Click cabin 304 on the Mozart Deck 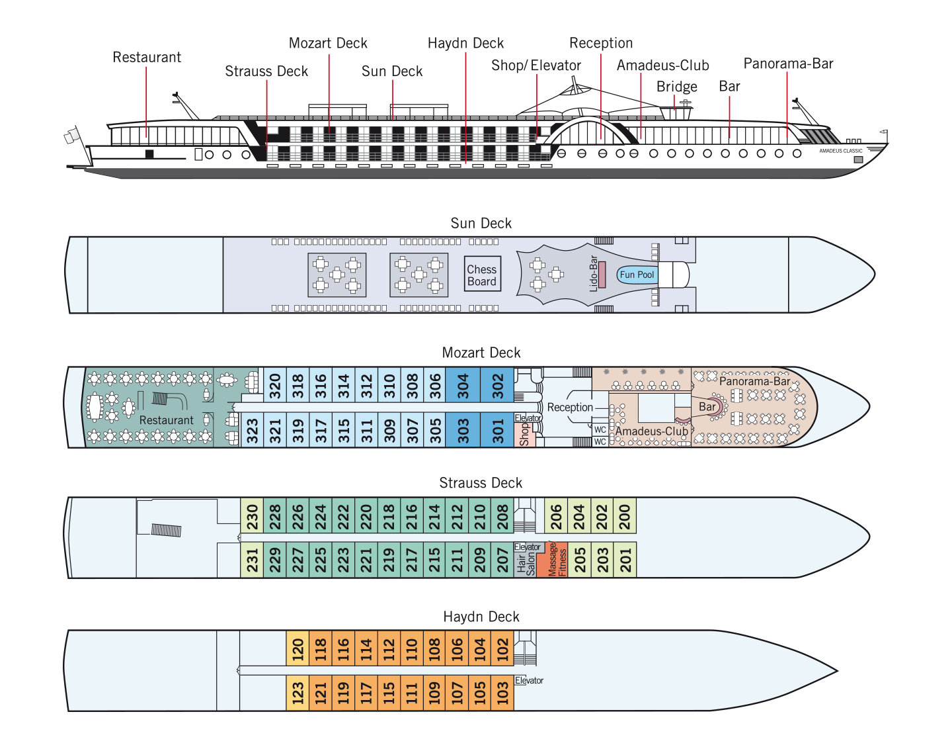pyautogui.click(x=463, y=384)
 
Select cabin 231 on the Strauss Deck pyautogui.click(x=252, y=560)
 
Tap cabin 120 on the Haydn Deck pyautogui.click(x=297, y=648)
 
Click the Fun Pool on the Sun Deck pyautogui.click(x=637, y=275)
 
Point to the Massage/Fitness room pyautogui.click(x=557, y=560)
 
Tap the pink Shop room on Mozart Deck pyautogui.click(x=525, y=435)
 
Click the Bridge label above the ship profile pyautogui.click(x=676, y=86)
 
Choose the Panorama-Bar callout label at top pyautogui.click(x=788, y=64)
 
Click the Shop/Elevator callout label pyautogui.click(x=535, y=66)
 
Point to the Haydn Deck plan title pyautogui.click(x=481, y=617)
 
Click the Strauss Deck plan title pyautogui.click(x=481, y=482)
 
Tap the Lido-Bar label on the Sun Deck pyautogui.click(x=593, y=273)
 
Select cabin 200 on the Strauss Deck pyautogui.click(x=625, y=516)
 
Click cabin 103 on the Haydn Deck pyautogui.click(x=502, y=693)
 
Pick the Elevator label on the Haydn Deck pyautogui.click(x=529, y=680)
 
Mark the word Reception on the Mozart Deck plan pyautogui.click(x=570, y=407)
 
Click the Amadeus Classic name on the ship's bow pyautogui.click(x=840, y=151)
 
